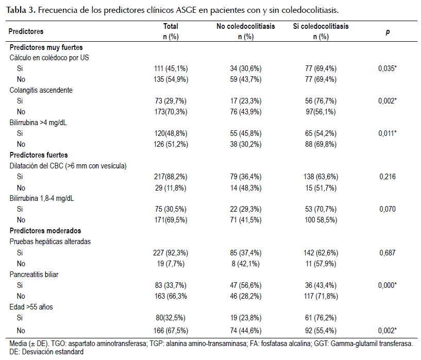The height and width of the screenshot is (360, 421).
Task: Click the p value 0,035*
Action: (388, 68)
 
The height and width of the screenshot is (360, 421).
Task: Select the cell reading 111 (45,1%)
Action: (171, 68)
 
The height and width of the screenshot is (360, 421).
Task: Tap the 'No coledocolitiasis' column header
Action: (246, 26)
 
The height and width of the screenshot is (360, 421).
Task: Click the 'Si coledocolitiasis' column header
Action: (321, 26)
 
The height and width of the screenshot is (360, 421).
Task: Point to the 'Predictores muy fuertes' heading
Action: (46, 47)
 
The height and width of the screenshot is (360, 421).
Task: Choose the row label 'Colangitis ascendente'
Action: (41, 90)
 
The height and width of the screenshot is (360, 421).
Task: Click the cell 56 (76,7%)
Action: (321, 101)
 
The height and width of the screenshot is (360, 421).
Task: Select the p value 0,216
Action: (388, 177)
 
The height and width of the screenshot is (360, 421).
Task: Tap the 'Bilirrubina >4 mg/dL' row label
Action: (38, 123)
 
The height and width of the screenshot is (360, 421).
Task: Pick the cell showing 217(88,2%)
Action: (171, 177)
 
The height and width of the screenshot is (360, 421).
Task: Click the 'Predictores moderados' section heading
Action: (45, 231)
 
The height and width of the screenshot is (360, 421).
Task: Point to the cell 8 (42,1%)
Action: (246, 264)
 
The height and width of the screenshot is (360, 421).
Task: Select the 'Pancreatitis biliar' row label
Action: (34, 275)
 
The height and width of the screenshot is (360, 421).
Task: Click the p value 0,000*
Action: (388, 285)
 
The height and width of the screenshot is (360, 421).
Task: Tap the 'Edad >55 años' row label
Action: (31, 307)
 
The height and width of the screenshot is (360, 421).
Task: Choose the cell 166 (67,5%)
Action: (171, 331)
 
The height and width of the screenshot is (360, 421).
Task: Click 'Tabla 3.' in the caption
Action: (21, 10)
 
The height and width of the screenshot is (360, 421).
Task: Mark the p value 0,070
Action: (388, 209)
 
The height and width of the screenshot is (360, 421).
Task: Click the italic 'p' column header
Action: (388, 32)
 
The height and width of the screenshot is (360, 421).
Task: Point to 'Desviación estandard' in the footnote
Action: (53, 352)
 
